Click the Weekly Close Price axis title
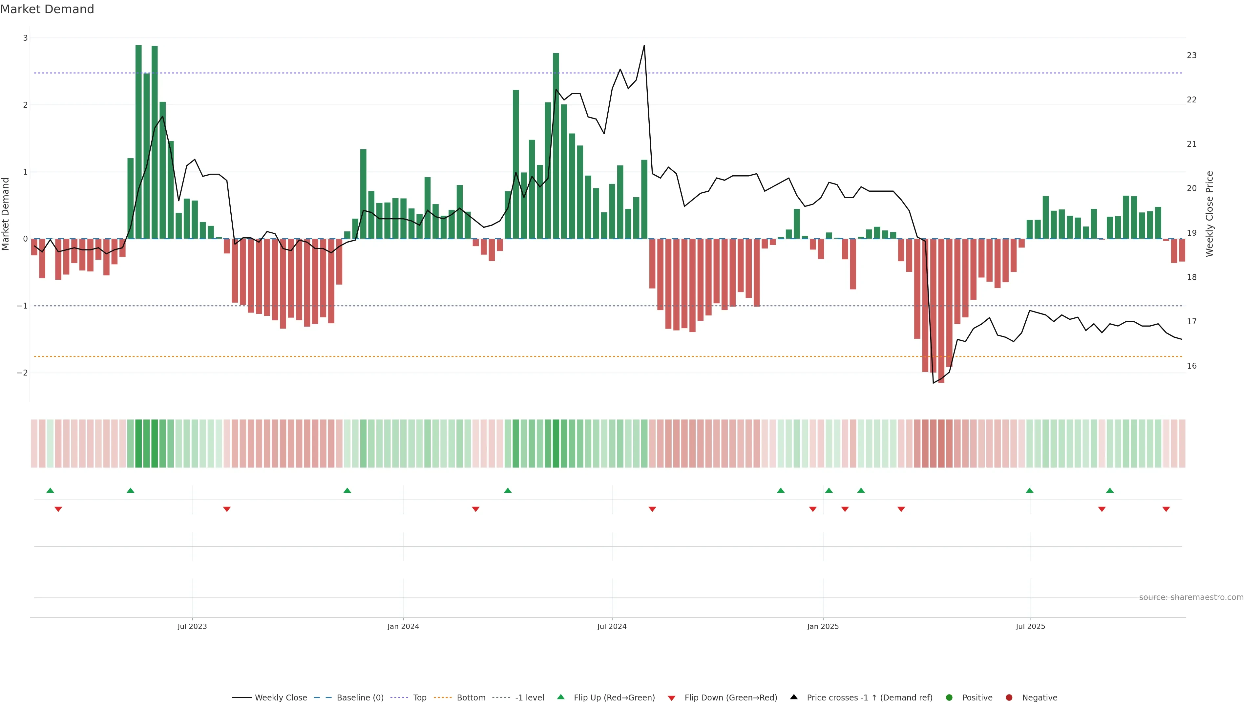point(1209,214)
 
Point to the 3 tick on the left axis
point(25,38)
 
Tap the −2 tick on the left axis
point(23,373)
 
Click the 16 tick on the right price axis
point(1191,366)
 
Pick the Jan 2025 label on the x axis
point(823,626)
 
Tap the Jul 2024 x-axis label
point(611,626)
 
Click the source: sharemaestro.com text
point(1191,597)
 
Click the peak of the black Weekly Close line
point(644,46)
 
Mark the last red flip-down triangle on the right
point(1166,509)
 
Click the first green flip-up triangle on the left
point(50,490)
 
